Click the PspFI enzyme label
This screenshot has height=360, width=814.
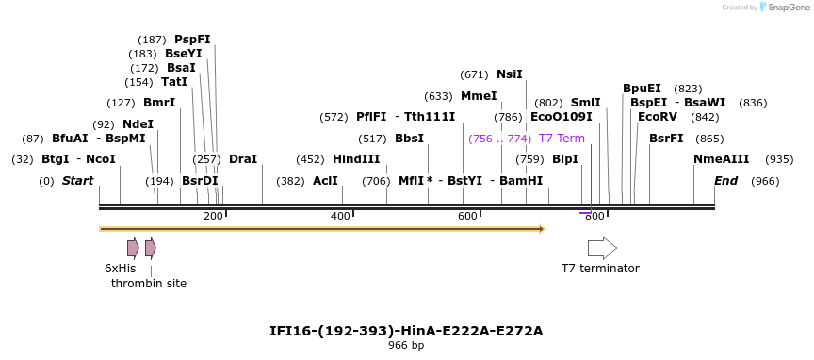point(192,40)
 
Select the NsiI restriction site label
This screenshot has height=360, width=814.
point(509,74)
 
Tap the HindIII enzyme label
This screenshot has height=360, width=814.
point(356,159)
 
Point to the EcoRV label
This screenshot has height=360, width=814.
point(657,117)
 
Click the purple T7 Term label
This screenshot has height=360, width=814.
point(562,139)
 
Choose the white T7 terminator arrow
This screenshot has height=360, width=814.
point(602,248)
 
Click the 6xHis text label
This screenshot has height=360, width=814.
point(120,269)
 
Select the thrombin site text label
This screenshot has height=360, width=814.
point(149,284)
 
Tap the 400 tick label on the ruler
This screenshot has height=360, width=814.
point(340,217)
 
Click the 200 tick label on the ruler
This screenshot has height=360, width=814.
point(213,217)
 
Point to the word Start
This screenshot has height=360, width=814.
point(77,181)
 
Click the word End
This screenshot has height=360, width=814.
point(725,181)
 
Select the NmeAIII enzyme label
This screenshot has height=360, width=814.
point(721,159)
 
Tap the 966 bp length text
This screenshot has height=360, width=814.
point(406,346)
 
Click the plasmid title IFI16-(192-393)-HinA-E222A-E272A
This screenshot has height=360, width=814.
point(406,331)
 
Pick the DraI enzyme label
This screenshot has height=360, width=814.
point(242,159)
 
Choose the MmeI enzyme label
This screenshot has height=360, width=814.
point(478,96)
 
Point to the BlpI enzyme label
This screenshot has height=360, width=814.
point(564,159)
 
